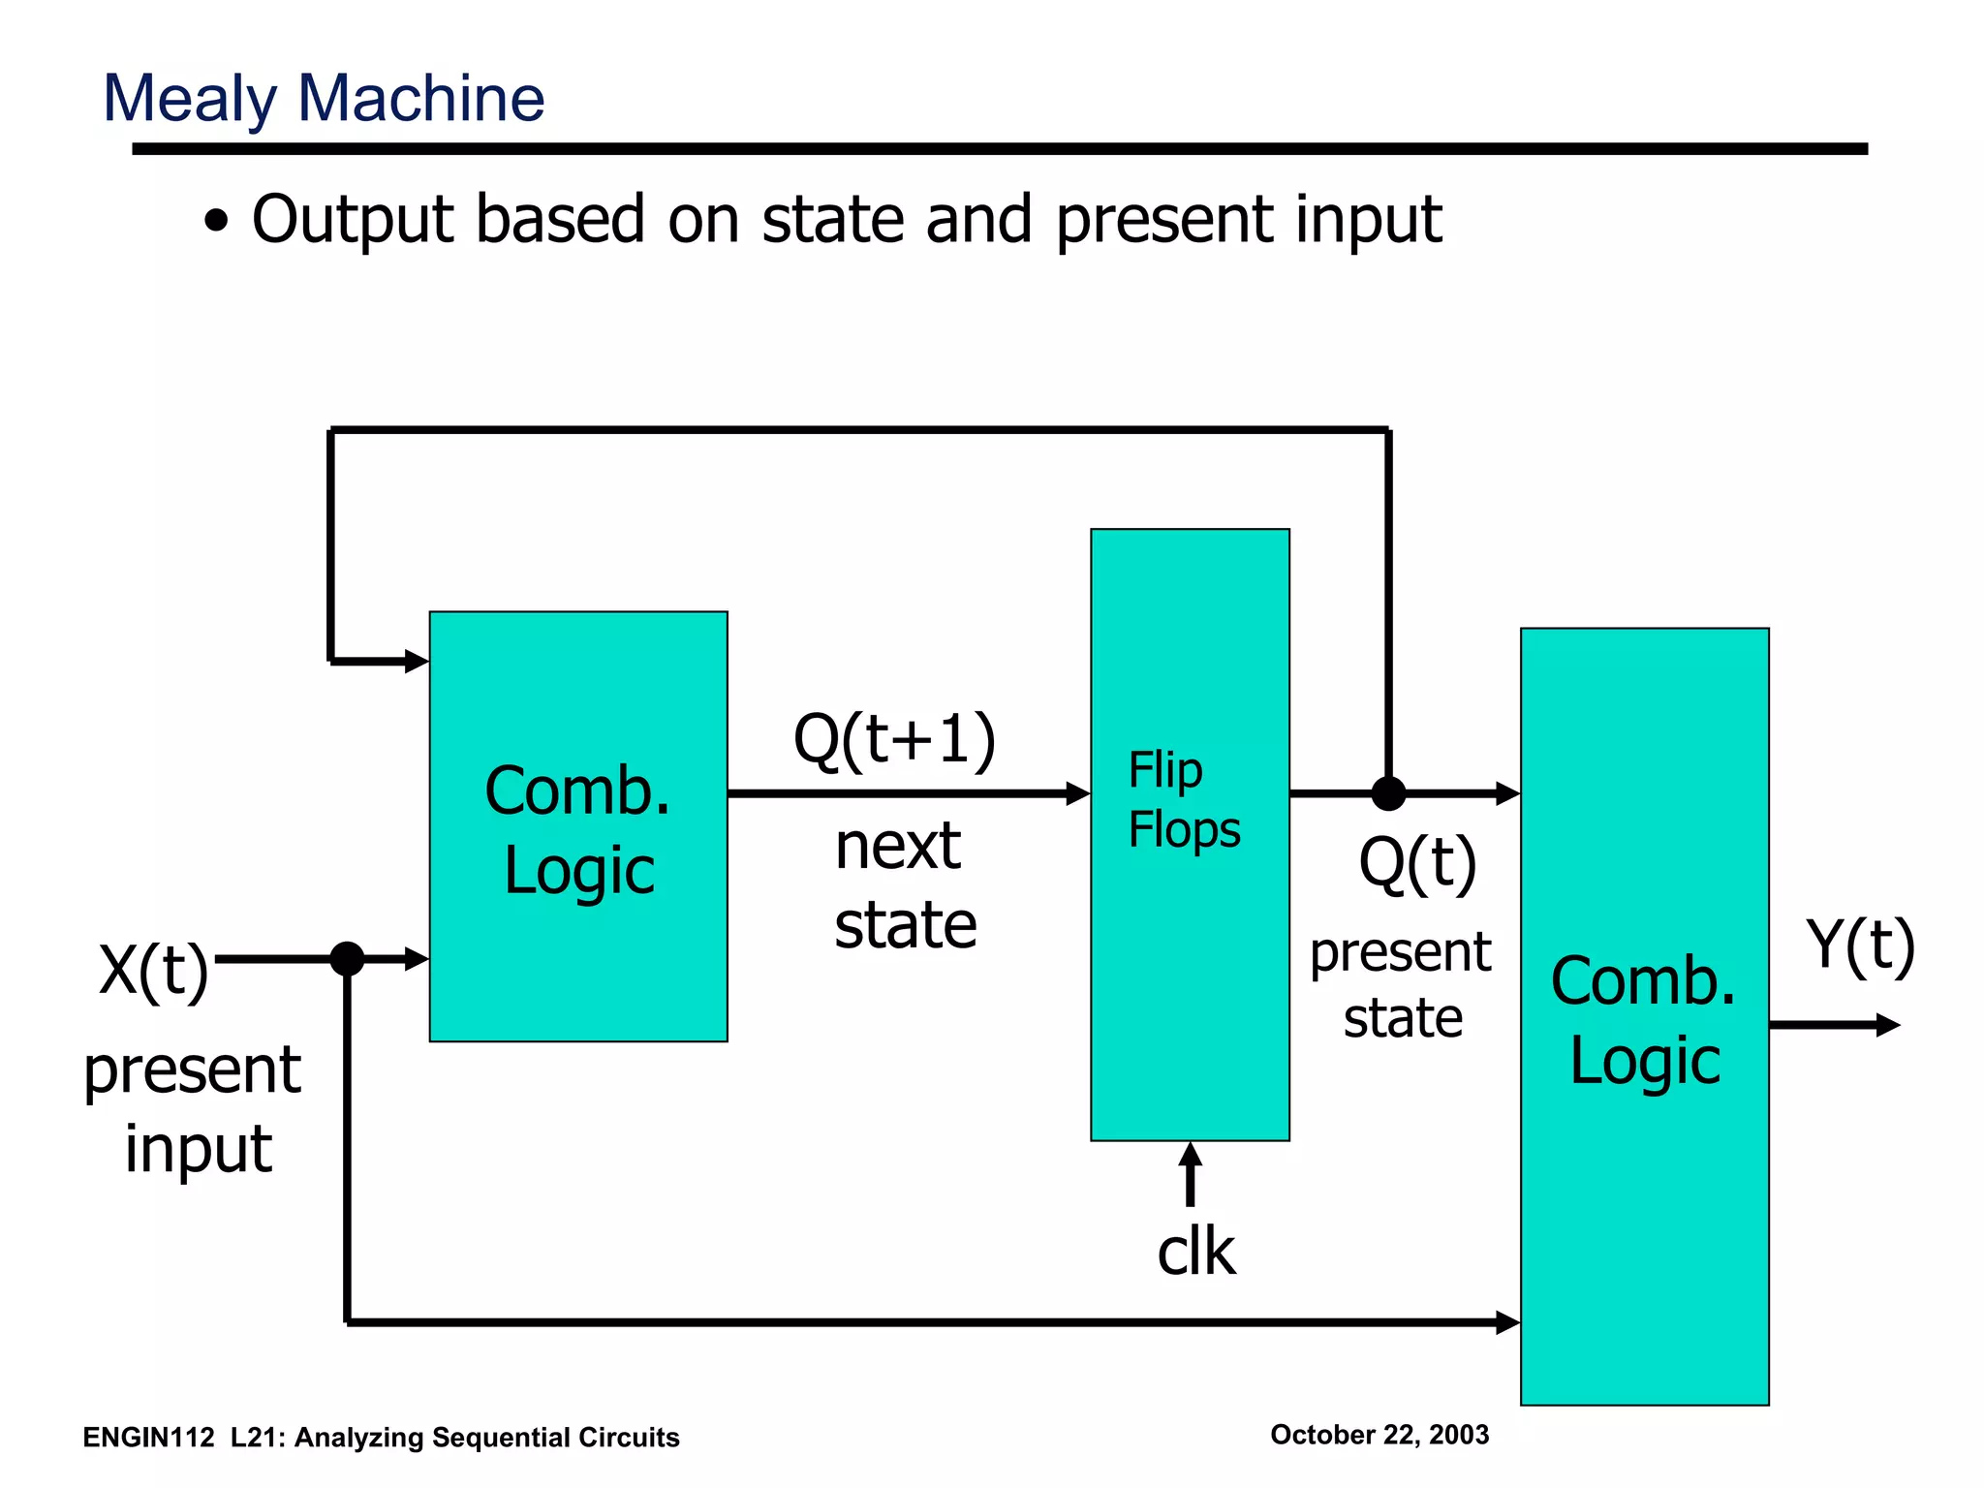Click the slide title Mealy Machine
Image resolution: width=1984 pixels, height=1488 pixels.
[324, 99]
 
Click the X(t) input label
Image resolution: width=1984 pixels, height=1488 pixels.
[154, 970]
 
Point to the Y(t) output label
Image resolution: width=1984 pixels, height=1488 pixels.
[1860, 946]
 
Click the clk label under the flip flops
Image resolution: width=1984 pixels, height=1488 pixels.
[1195, 1252]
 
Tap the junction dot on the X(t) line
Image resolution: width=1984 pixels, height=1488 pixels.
[347, 959]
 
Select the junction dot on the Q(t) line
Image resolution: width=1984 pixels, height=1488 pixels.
[1388, 793]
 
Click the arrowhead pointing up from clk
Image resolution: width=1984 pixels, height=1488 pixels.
[1191, 1155]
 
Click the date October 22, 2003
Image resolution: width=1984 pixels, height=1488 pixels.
[1379, 1435]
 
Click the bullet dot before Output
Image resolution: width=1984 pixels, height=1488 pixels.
[217, 222]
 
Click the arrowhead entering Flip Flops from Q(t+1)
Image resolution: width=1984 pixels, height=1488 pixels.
[1078, 793]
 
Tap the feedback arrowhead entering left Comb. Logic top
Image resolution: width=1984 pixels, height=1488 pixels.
[417, 662]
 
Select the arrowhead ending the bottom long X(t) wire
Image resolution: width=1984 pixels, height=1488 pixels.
[1507, 1322]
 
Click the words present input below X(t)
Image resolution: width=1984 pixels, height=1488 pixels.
[194, 1109]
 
